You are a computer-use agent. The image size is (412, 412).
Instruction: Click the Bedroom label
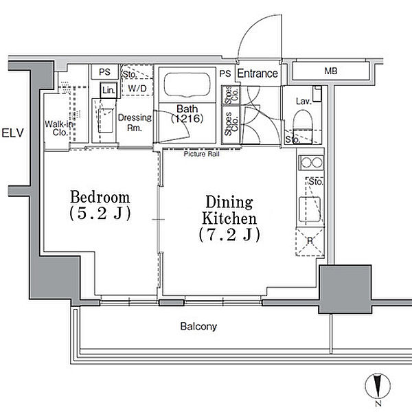pos(100,205)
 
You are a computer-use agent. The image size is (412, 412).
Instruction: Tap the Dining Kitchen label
pos(229,218)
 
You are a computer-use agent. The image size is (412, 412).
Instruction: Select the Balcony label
pos(198,326)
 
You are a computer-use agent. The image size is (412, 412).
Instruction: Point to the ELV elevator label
pos(12,133)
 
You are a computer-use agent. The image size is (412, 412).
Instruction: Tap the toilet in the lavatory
pos(302,126)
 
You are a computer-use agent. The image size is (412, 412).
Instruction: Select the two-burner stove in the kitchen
pos(311,163)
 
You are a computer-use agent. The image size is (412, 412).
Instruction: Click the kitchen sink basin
pos(310,209)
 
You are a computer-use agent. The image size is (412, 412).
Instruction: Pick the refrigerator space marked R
pos(310,242)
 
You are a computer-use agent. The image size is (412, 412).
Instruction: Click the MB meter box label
pos(331,71)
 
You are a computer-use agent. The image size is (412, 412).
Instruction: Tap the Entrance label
pos(257,73)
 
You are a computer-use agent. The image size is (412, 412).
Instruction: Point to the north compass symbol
pos(378,387)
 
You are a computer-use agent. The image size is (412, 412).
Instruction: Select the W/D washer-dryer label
pos(137,89)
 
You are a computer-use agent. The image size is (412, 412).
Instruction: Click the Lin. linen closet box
pos(108,91)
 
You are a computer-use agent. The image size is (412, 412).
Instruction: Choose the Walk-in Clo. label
pos(59,128)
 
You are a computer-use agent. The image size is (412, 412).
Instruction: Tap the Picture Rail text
pos(201,154)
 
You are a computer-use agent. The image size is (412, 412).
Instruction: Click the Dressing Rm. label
pos(135,123)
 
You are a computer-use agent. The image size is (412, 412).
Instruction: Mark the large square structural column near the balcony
pos(345,289)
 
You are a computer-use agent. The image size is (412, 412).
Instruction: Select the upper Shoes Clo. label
pos(231,95)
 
